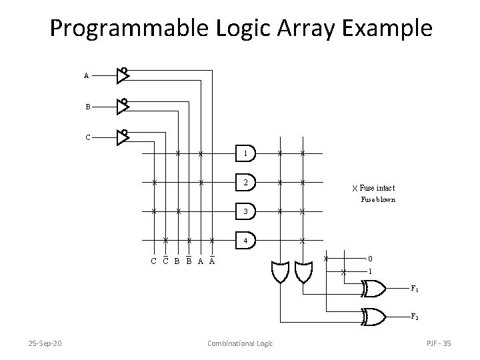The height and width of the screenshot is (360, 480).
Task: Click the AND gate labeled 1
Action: click(245, 153)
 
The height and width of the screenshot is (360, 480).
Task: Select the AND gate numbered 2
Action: click(245, 182)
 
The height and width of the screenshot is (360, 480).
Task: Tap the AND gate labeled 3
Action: click(245, 211)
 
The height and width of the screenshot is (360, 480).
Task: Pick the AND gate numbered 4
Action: click(245, 240)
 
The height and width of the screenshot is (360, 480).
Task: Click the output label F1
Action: click(415, 289)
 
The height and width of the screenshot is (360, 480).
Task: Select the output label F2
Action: click(415, 316)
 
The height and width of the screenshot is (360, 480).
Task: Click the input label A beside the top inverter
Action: click(87, 76)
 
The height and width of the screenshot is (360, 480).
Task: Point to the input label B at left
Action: click(87, 107)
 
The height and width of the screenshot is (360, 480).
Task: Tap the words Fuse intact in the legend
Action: click(377, 188)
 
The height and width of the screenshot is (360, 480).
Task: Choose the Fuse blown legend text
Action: click(378, 199)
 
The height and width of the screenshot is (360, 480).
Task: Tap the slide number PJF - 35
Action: click(438, 343)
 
